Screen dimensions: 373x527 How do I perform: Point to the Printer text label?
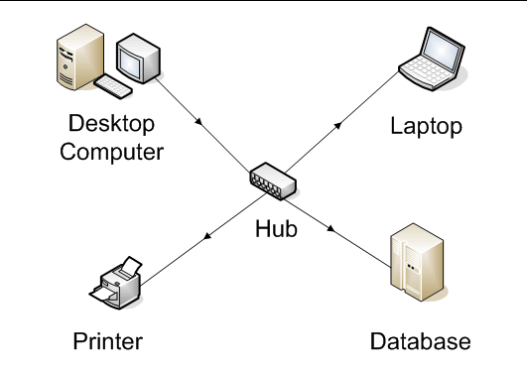coord(107,342)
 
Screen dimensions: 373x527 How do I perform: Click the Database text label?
coord(420,342)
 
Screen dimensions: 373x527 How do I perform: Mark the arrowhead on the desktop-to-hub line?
coord(201,122)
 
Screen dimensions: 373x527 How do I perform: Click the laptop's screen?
coord(436,46)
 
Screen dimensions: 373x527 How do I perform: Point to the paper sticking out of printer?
coord(130,265)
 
